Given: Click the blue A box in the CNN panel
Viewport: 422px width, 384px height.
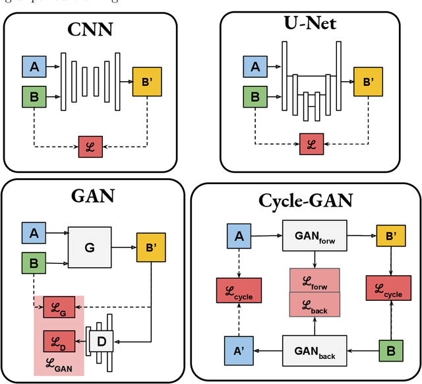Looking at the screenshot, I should click(34, 67).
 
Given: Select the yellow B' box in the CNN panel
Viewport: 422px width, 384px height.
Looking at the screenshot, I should click(147, 81).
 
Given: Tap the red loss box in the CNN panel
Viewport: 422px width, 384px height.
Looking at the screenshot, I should click(90, 146).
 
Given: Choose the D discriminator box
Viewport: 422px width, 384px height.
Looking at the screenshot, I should click(102, 341).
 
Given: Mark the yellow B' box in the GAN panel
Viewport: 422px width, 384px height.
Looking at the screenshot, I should click(151, 246).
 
